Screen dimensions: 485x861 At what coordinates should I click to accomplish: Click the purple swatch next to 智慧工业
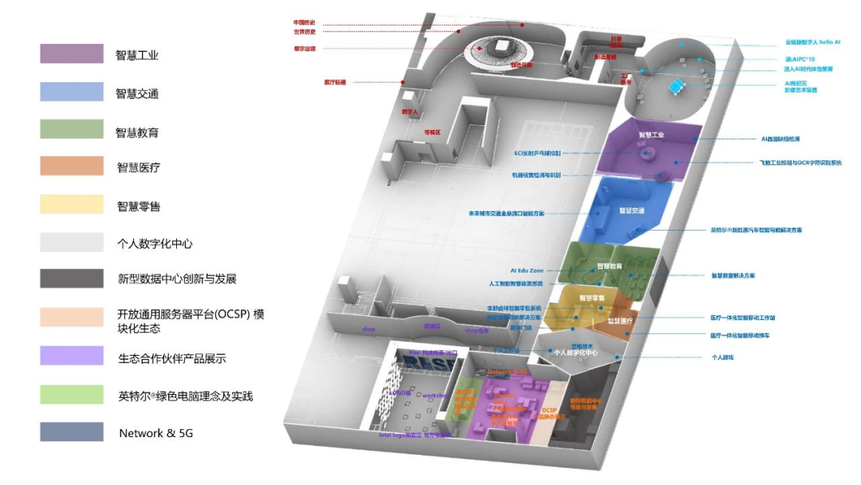pos(72,53)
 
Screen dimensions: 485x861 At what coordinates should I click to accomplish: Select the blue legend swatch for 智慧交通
pos(72,92)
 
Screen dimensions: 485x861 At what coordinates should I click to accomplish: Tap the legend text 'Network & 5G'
pos(155,433)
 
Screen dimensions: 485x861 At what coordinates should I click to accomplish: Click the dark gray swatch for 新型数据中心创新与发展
pos(72,278)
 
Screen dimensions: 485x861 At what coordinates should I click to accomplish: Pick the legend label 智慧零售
pos(138,207)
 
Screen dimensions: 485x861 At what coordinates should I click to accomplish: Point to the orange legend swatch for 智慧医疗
pos(72,166)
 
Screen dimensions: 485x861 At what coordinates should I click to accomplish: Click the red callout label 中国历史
pos(305,22)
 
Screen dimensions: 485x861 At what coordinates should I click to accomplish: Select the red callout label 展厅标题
pos(335,81)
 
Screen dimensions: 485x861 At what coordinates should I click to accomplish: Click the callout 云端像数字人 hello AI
pos(812,41)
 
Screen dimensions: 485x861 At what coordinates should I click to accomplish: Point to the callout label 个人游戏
pos(721,357)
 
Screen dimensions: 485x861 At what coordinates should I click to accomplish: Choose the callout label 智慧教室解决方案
pos(733,276)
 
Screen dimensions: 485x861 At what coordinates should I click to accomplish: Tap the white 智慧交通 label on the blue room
pos(631,211)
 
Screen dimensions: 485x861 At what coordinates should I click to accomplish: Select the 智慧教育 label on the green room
pos(610,266)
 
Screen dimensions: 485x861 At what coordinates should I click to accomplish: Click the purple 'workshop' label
pos(436,395)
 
